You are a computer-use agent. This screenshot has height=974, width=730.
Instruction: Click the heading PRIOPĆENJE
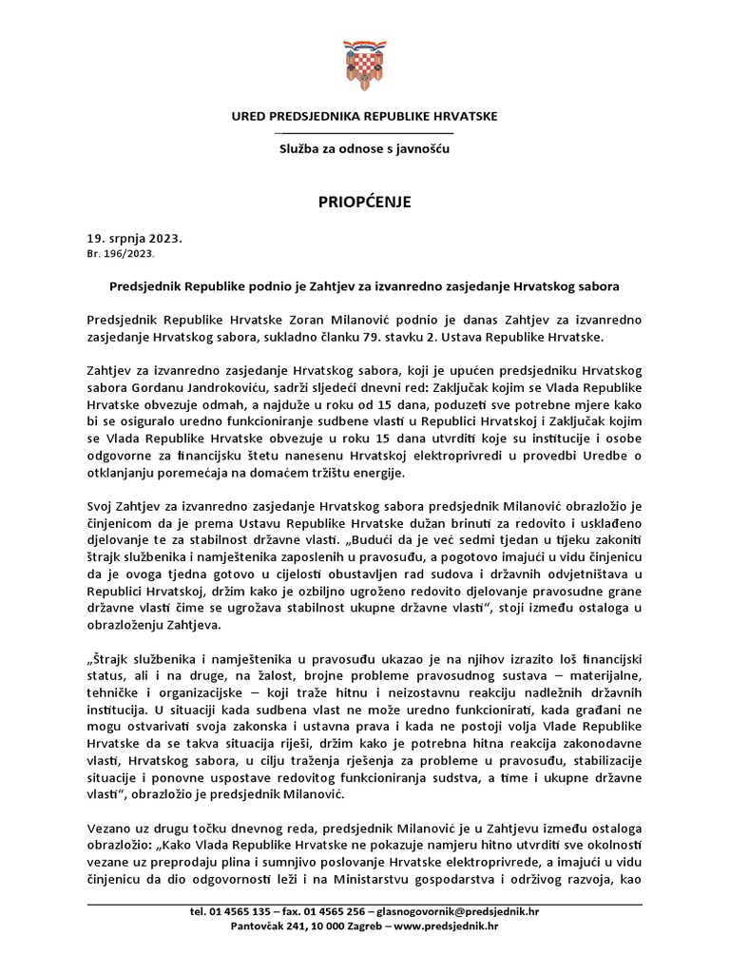click(x=364, y=202)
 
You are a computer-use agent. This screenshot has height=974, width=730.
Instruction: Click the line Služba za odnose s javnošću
click(x=364, y=149)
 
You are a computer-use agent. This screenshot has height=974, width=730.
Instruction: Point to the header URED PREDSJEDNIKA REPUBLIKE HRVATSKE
click(x=364, y=116)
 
